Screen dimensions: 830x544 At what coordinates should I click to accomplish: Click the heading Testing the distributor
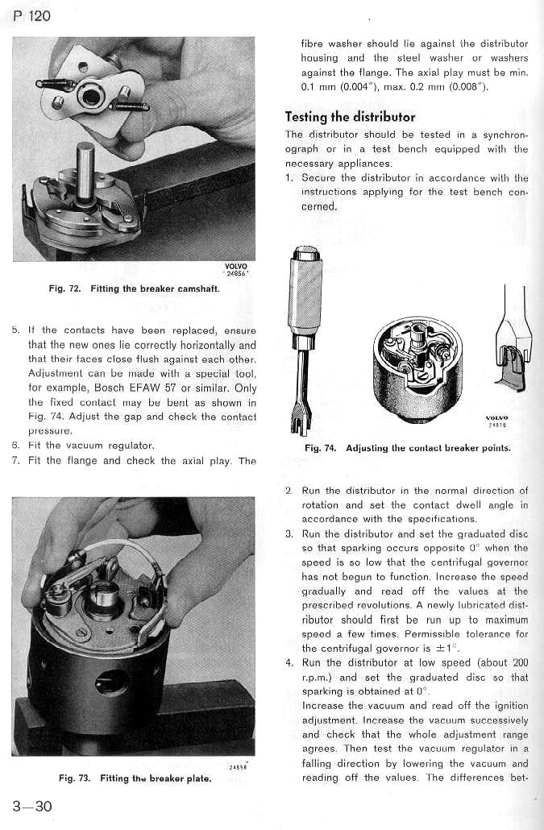click(351, 117)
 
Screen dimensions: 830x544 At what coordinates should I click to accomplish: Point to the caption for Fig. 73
click(135, 778)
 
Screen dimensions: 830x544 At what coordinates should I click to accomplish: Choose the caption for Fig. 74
click(407, 448)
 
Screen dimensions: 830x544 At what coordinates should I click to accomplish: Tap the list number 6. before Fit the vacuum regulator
click(15, 446)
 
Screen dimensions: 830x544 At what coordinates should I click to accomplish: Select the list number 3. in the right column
click(289, 533)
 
